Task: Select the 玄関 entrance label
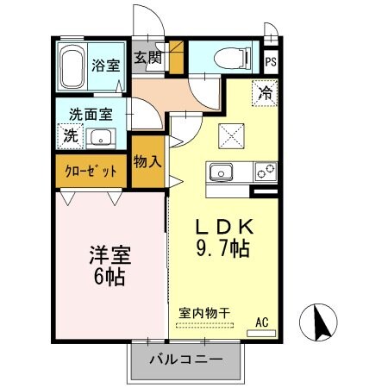(147, 59)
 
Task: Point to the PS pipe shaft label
(271, 62)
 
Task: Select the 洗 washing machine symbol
(70, 135)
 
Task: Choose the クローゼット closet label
(91, 172)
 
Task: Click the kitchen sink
(221, 171)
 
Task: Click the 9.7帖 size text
(222, 251)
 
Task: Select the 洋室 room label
(110, 257)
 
